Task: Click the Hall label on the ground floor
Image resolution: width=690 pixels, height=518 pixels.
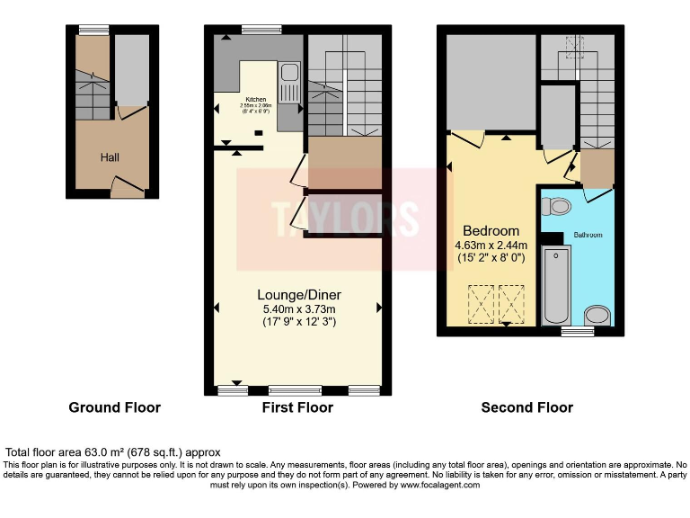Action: tap(110, 157)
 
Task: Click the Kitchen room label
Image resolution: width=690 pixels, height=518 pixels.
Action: tap(256, 100)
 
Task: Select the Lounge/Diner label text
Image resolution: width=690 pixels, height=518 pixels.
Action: tap(298, 295)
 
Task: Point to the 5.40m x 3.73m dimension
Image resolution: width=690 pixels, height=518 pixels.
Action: tap(298, 308)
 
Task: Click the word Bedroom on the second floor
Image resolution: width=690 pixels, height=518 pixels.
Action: tap(491, 230)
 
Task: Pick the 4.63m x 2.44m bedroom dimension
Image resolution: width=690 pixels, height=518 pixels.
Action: tap(491, 244)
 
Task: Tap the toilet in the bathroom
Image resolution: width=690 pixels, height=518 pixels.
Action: tap(558, 207)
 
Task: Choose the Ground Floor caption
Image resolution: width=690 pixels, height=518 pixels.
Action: tap(114, 407)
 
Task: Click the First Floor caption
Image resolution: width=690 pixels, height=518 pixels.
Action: tap(298, 407)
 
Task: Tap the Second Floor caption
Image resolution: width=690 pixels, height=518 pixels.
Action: tap(526, 407)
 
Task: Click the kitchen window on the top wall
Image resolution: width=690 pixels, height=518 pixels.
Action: tap(260, 30)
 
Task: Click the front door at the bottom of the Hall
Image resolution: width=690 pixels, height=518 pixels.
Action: tap(128, 189)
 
